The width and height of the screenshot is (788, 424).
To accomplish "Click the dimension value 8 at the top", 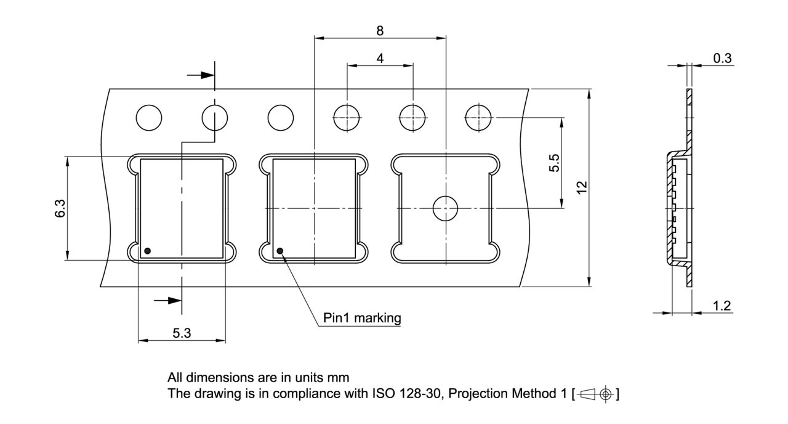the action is click(380, 31).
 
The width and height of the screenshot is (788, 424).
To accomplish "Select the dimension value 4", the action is click(380, 59).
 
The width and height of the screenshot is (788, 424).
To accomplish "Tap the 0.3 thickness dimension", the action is click(722, 59).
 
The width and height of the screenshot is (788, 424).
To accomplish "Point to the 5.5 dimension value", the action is click(554, 163).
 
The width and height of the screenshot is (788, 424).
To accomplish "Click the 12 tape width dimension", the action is click(582, 187).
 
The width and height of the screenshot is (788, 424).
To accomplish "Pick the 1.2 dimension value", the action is click(722, 306).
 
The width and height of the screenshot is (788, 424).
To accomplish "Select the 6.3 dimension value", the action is click(60, 208).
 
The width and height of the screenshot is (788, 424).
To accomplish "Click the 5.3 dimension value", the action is click(182, 333).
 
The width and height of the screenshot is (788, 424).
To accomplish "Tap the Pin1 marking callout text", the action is click(362, 318).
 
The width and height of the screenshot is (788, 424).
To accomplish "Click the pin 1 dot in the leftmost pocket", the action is click(148, 251).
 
